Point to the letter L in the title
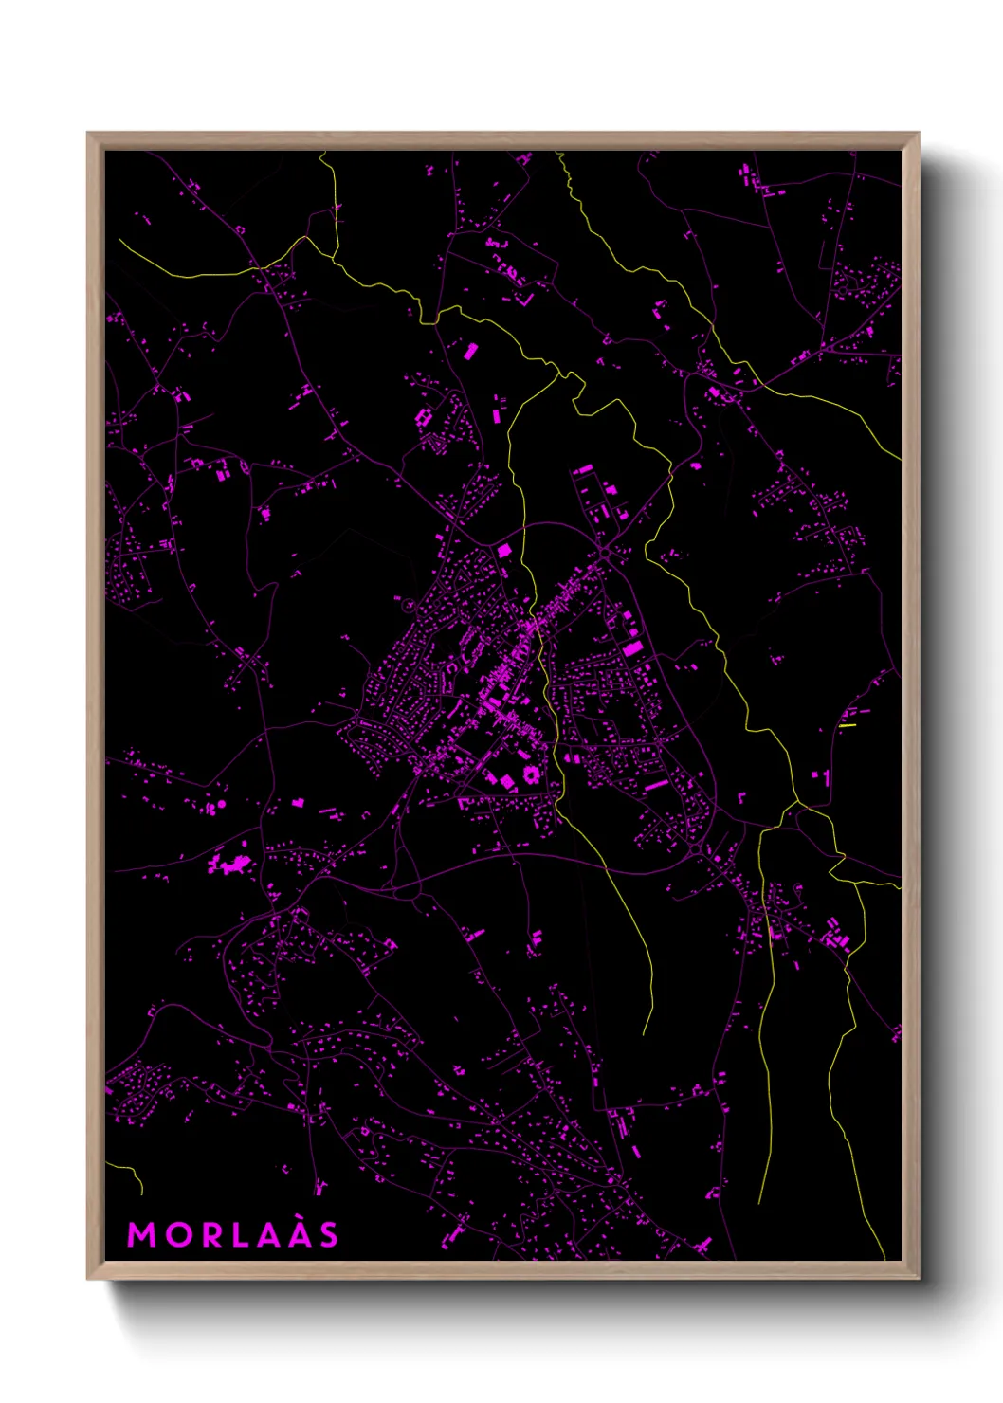[x=238, y=1235]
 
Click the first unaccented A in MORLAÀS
[x=266, y=1235]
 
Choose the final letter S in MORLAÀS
[x=328, y=1235]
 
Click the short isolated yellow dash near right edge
[x=847, y=726]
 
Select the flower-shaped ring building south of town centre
[x=529, y=774]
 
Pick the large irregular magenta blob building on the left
[x=228, y=864]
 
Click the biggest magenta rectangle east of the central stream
[x=633, y=648]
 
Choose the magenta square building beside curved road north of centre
[x=503, y=550]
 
